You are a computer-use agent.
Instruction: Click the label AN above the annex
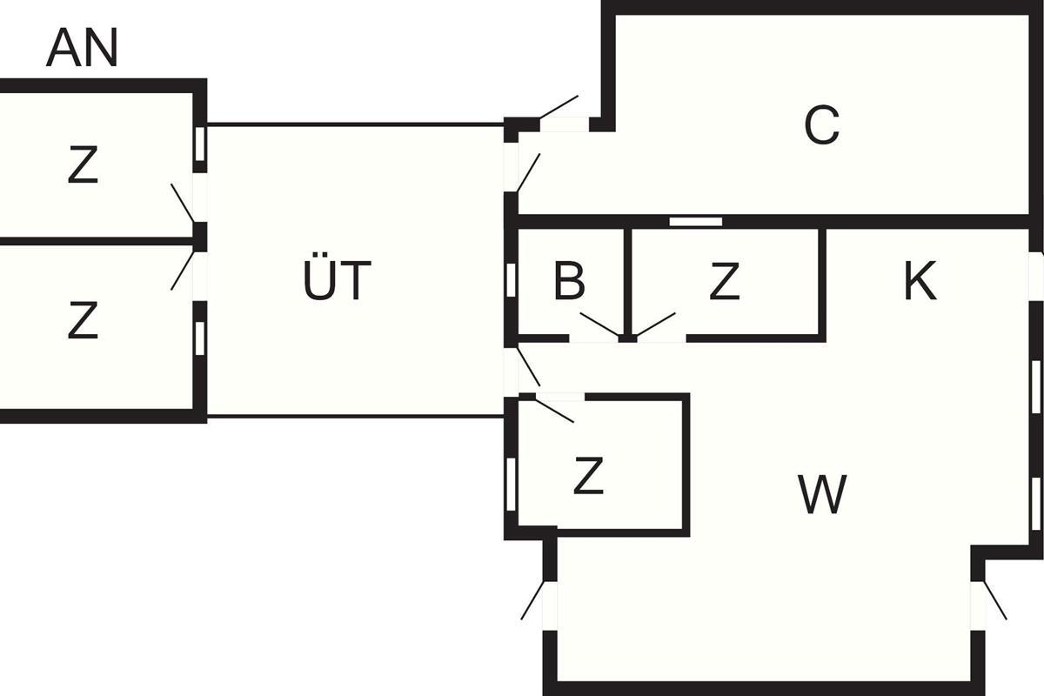[82, 49]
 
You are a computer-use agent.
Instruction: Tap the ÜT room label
[337, 282]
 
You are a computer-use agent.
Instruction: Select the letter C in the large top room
[821, 127]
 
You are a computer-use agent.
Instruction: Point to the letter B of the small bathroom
[569, 281]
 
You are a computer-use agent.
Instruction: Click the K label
[920, 281]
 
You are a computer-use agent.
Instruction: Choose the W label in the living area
[821, 496]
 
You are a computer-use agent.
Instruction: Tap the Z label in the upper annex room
[83, 167]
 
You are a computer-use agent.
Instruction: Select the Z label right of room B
[724, 282]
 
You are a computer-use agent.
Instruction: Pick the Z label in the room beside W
[589, 477]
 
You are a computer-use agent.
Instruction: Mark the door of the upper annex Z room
[184, 204]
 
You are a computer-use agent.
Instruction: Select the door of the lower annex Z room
[184, 270]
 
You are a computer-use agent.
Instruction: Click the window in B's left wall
[511, 280]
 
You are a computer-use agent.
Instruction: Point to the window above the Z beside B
[695, 222]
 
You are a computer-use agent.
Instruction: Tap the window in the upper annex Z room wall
[199, 144]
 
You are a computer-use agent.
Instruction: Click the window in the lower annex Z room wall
[199, 338]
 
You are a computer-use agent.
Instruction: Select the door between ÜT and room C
[527, 172]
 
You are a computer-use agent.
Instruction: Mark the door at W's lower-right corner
[994, 600]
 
